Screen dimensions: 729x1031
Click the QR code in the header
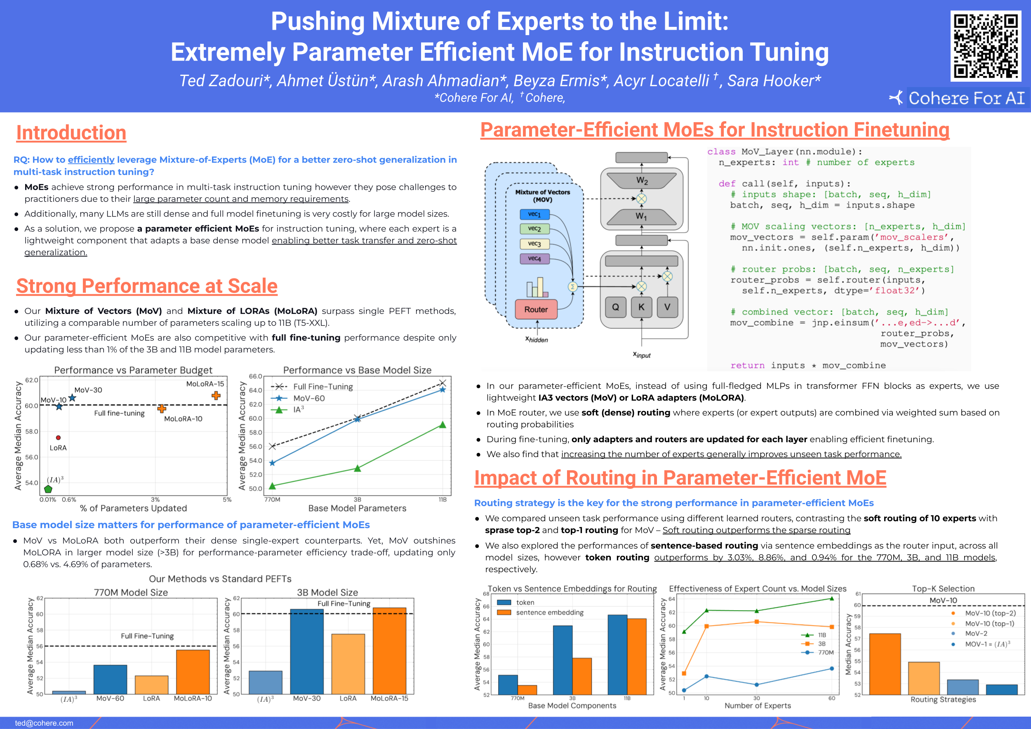(986, 46)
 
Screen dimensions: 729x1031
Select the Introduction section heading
(71, 132)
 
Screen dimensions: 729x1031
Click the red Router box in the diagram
(536, 309)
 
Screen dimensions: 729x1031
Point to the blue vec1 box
(534, 214)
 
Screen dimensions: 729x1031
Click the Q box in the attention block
(615, 307)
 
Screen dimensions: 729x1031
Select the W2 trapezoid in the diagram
(642, 181)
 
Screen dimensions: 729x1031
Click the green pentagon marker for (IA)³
(48, 489)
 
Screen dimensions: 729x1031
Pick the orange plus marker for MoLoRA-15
(216, 395)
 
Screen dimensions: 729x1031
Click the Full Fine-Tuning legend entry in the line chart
(322, 387)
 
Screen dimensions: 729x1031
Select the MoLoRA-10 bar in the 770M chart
(193, 672)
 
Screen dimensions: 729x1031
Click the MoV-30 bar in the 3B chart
(307, 652)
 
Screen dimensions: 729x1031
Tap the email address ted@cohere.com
(44, 723)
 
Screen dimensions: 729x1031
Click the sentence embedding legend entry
(549, 613)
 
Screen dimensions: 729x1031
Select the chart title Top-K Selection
(943, 588)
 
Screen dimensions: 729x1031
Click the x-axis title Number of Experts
(758, 705)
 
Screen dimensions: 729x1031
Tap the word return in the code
(747, 366)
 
